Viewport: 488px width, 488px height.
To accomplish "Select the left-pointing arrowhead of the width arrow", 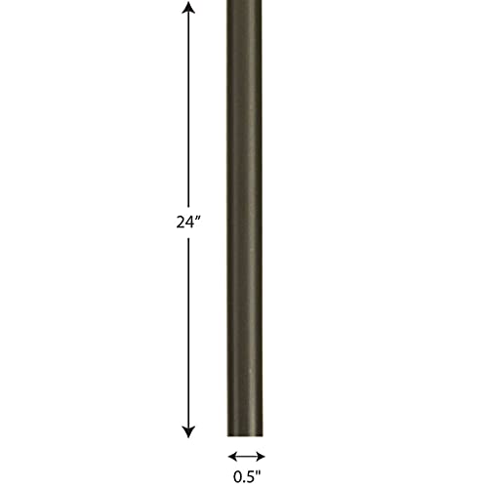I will pos(232,456).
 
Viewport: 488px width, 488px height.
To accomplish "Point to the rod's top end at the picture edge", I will pos(246,3).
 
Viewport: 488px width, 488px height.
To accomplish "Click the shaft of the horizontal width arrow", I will pos(246,456).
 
